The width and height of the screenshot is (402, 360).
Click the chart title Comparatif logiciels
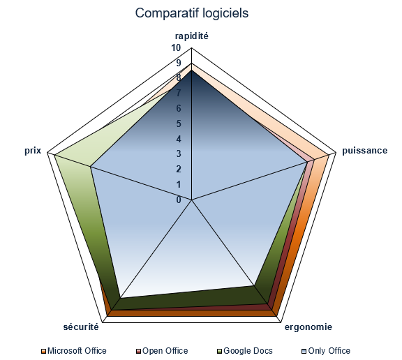pyautogui.click(x=192, y=13)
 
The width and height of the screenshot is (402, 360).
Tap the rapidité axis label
pyautogui.click(x=192, y=36)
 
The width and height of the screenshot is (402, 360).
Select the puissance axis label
pyautogui.click(x=365, y=151)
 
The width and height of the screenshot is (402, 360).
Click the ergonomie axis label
pyautogui.click(x=308, y=327)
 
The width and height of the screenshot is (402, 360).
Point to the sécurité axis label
pyautogui.click(x=81, y=327)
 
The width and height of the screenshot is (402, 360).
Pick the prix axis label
pyautogui.click(x=33, y=151)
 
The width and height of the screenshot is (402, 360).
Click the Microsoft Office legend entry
pyautogui.click(x=74, y=351)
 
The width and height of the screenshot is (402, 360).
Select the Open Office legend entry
pyautogui.click(x=162, y=351)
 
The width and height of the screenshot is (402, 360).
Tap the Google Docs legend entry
pyautogui.click(x=245, y=351)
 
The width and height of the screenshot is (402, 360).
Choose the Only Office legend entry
pyautogui.click(x=326, y=351)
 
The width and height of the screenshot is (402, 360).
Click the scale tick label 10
pyautogui.click(x=176, y=48)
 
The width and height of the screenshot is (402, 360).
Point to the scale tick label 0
pyautogui.click(x=179, y=200)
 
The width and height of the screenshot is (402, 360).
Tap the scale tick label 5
pyautogui.click(x=179, y=123)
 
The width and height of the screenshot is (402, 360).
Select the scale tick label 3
pyautogui.click(x=179, y=154)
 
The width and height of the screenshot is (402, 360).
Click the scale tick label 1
pyautogui.click(x=179, y=184)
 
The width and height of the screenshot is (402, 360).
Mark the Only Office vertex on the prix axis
pyautogui.click(x=91, y=167)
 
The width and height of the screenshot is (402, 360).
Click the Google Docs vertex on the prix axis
pyautogui.click(x=54, y=155)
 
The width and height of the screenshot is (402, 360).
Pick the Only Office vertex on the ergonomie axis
pyautogui.click(x=254, y=285)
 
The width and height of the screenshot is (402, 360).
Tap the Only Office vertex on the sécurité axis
pyautogui.click(x=121, y=298)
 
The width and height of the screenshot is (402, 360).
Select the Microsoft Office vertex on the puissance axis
pyautogui.click(x=329, y=155)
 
